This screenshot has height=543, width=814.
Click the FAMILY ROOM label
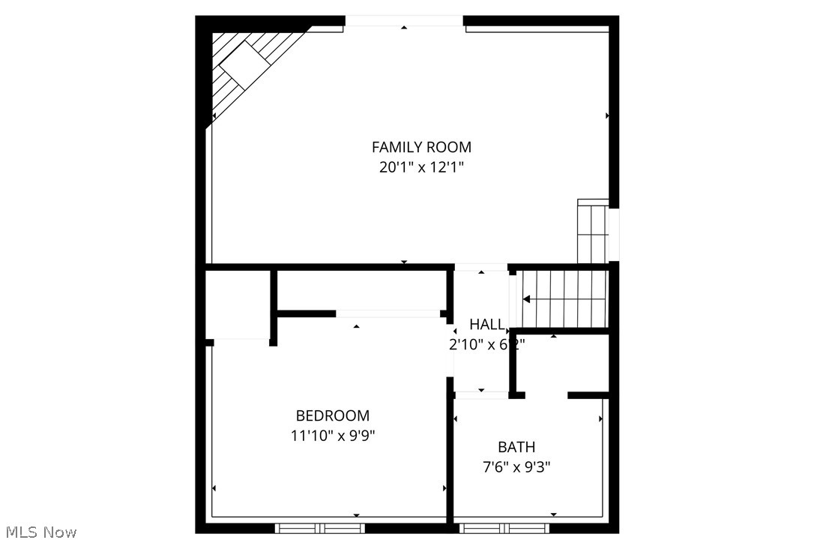(x=421, y=147)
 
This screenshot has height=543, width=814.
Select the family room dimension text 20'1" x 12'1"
(x=421, y=167)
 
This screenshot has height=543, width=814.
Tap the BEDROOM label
(x=332, y=415)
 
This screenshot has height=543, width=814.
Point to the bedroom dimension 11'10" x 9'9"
(x=332, y=436)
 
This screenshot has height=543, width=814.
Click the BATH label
(x=516, y=447)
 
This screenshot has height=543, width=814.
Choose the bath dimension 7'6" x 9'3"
(x=516, y=466)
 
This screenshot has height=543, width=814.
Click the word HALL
(x=487, y=324)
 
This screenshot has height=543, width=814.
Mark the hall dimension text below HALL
(x=487, y=344)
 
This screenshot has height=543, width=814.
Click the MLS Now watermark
(x=39, y=532)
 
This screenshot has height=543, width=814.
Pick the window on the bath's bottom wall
(x=494, y=528)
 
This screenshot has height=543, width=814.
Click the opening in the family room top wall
(x=404, y=21)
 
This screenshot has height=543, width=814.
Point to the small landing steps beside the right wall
(x=592, y=231)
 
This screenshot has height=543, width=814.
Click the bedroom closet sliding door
(x=388, y=313)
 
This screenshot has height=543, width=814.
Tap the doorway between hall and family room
(x=481, y=267)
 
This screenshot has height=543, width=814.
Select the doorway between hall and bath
(x=481, y=394)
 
